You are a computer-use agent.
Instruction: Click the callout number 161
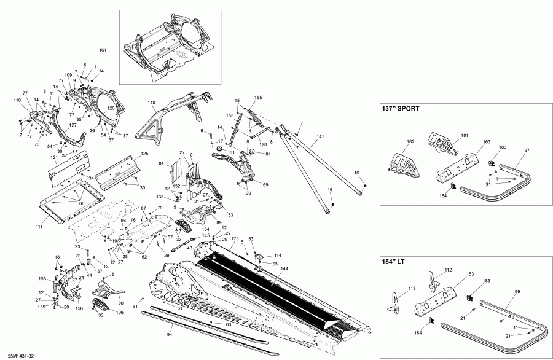coord(103,49)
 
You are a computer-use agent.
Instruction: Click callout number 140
coord(151,103)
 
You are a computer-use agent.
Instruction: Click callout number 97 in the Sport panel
coord(526,150)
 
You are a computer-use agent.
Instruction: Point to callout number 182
coord(410,141)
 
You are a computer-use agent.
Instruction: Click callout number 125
coord(145,153)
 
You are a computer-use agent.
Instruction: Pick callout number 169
coord(265,184)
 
